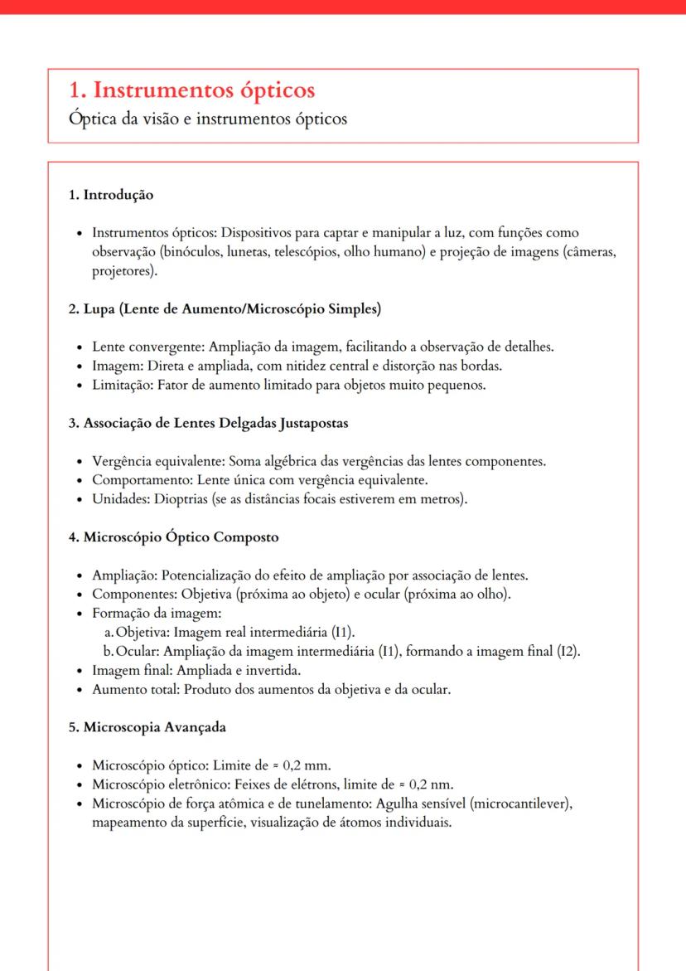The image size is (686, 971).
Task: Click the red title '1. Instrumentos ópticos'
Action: coord(191,89)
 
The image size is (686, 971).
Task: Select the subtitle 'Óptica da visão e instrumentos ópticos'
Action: coord(207,118)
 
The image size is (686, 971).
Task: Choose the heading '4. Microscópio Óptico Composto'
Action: coord(173,536)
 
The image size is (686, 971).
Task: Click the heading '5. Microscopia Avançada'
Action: coord(147,727)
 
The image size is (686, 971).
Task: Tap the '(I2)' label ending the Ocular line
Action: coord(568,651)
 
